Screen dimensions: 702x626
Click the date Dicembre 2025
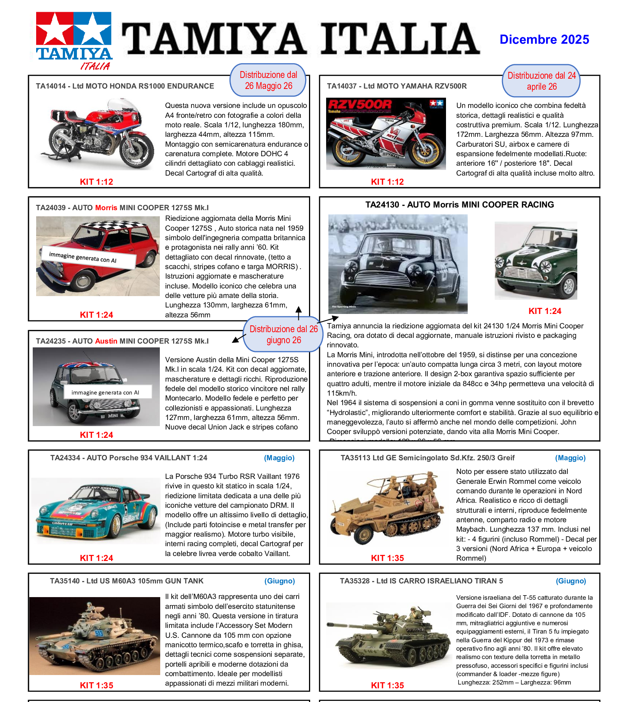point(544,40)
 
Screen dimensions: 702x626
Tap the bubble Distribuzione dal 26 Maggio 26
point(268,80)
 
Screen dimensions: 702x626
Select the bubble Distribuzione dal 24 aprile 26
point(541,81)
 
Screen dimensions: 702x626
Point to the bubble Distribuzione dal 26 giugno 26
point(284,334)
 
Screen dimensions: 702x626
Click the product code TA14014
point(51,86)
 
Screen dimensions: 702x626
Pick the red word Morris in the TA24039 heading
point(106,208)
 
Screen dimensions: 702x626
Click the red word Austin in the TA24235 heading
point(106,341)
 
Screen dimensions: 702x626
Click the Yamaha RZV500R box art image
point(386,134)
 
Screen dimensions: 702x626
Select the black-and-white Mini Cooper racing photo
point(398,264)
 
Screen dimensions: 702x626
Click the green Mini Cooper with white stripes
point(535,261)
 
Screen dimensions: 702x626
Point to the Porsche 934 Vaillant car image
point(96,510)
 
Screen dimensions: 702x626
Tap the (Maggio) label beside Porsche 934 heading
point(279,458)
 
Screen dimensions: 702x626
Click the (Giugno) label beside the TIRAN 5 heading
point(571,581)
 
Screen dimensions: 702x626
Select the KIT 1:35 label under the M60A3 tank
point(97,685)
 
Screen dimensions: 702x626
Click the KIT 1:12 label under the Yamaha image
point(387,182)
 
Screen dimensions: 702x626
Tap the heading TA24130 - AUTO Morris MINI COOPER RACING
point(460,205)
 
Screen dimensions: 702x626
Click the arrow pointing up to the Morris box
point(299,312)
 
